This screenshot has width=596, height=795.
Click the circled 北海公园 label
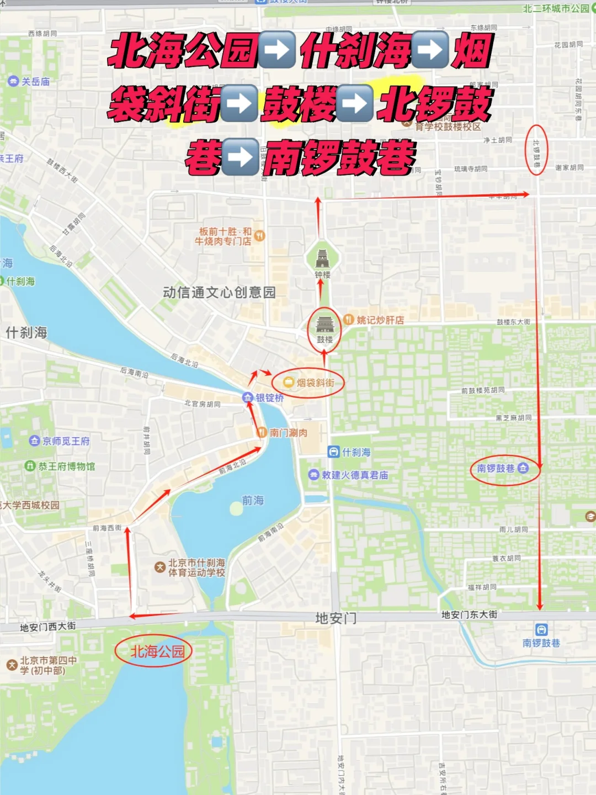tap(157, 651)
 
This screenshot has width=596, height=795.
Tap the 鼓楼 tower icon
tap(324, 324)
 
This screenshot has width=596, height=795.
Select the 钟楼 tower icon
tap(322, 258)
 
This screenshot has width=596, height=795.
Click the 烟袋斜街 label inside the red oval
tap(315, 383)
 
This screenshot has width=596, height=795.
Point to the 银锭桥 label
tap(269, 397)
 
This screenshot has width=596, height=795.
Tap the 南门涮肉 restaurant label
tap(288, 433)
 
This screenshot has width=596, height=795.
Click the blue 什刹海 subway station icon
tap(333, 452)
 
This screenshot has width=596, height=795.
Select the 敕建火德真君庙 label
tap(355, 475)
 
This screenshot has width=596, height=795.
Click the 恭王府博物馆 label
tap(66, 466)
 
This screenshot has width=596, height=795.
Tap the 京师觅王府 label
tap(66, 441)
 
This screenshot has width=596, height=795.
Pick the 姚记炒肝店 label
tap(380, 320)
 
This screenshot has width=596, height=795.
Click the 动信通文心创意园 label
tap(219, 293)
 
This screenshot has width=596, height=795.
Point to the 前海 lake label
tap(253, 500)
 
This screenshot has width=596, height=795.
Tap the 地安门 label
tap(336, 618)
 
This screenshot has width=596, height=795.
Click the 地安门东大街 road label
tap(469, 614)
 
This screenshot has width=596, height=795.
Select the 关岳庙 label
tap(35, 82)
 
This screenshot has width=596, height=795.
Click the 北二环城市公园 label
tap(556, 8)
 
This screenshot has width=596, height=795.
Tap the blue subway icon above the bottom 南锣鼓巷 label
tap(541, 629)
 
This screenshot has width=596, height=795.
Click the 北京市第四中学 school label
tap(49, 665)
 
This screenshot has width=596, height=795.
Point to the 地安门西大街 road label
tap(47, 627)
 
